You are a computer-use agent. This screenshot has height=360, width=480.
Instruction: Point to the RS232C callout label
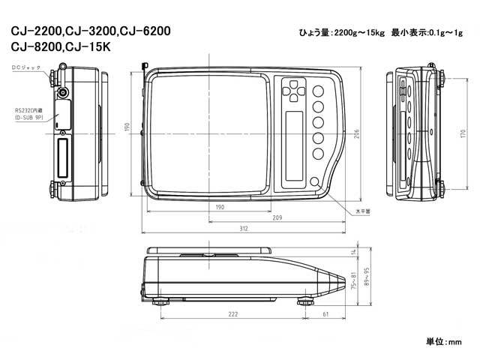[28, 113]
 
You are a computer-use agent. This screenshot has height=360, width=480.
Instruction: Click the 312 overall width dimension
[244, 229]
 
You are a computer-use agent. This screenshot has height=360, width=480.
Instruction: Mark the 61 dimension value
[324, 315]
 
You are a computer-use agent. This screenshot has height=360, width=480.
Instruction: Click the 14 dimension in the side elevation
[352, 251]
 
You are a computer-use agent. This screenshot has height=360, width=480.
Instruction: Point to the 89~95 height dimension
[365, 278]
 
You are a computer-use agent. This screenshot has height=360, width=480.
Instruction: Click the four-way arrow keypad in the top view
[292, 93]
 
